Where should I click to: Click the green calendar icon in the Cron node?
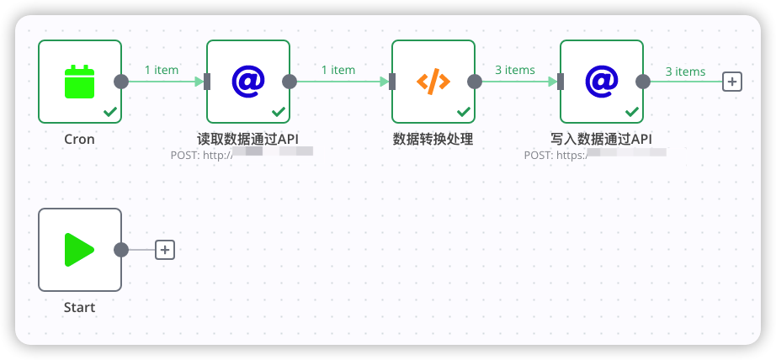[x=80, y=82]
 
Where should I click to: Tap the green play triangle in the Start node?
[x=79, y=250]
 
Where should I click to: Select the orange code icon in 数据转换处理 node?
[x=433, y=82]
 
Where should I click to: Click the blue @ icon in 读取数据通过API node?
[x=248, y=81]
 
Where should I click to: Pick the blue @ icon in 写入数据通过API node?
[x=602, y=81]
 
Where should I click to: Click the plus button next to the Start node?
[x=165, y=250]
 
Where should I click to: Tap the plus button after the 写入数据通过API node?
[x=732, y=82]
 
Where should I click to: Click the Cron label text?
[x=79, y=140]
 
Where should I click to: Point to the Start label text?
[x=79, y=308]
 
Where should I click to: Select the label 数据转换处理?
[x=433, y=140]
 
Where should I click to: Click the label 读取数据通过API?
[x=247, y=140]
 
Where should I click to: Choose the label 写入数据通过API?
[x=601, y=140]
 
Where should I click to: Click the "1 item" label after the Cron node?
[x=162, y=70]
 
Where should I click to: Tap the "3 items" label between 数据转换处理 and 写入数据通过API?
[x=514, y=70]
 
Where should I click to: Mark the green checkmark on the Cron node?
[x=110, y=111]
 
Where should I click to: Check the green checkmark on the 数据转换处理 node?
[x=464, y=111]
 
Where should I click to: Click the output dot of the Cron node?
[x=121, y=82]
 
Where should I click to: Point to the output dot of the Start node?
[x=121, y=250]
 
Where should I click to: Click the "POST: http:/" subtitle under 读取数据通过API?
[x=201, y=154]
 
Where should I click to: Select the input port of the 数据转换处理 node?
[x=392, y=82]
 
